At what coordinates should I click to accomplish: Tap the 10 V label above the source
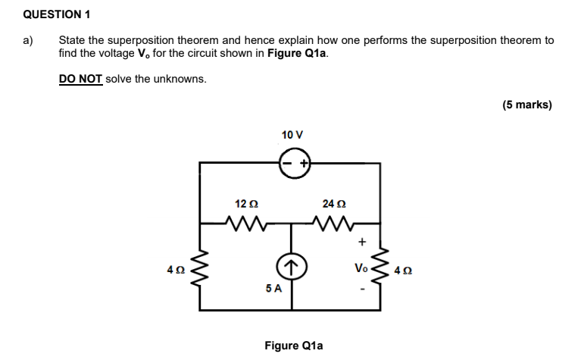click(x=292, y=134)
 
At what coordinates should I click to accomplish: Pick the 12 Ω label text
click(x=246, y=203)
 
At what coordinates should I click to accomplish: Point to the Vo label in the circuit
click(x=361, y=268)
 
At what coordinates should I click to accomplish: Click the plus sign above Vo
click(x=362, y=243)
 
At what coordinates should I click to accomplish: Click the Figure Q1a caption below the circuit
click(x=293, y=346)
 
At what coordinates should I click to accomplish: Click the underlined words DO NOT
click(x=80, y=79)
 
